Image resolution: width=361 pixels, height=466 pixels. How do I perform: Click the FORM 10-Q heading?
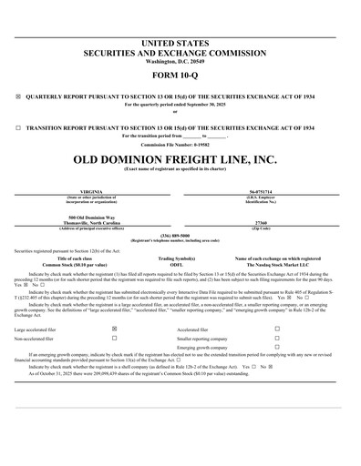(x=180, y=76)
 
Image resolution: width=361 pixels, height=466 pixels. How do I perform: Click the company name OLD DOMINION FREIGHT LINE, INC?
(x=180, y=159)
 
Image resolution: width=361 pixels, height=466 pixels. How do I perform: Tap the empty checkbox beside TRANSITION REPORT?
(x=18, y=128)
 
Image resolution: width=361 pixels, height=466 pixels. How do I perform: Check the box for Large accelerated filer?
(x=114, y=328)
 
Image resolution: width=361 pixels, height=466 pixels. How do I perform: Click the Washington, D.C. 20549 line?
(x=180, y=60)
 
